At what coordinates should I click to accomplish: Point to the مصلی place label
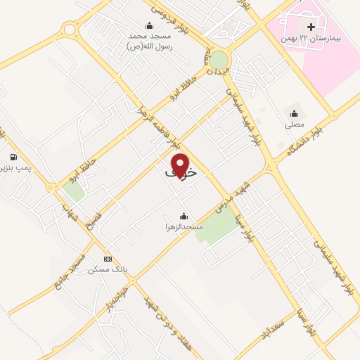[x=294, y=124]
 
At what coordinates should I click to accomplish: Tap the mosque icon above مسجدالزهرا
[x=184, y=216]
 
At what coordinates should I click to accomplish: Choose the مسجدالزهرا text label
[x=184, y=227]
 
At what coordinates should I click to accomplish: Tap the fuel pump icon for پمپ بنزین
[x=13, y=157]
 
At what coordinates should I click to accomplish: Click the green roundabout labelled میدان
[x=219, y=60]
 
